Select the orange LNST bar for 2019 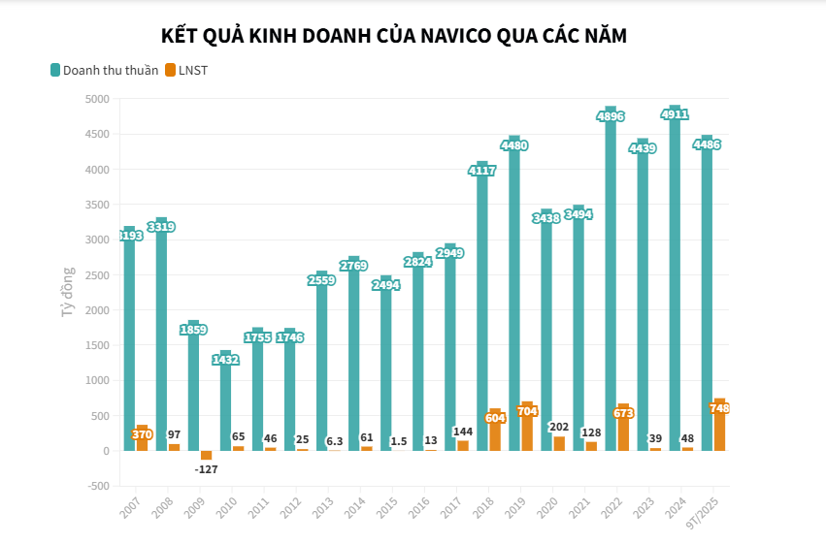[x=527, y=428]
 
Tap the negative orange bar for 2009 [x=206, y=455]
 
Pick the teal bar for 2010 [x=225, y=407]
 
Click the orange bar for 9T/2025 [x=719, y=427]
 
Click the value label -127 [x=206, y=470]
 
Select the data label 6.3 [x=334, y=441]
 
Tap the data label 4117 [x=482, y=171]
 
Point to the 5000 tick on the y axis [x=96, y=99]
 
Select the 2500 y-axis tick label [x=96, y=275]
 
